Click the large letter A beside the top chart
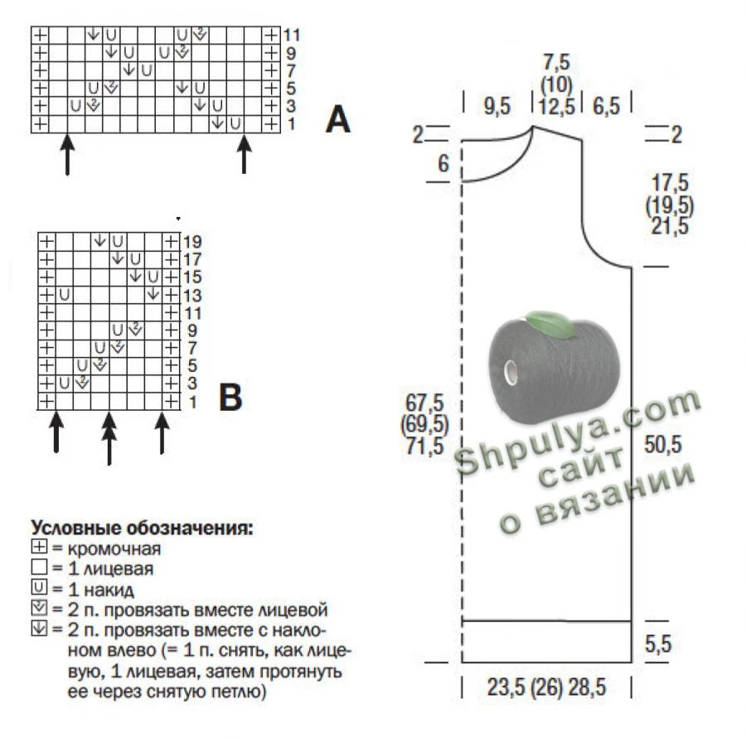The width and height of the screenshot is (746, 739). coord(338,119)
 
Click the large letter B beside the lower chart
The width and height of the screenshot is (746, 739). coord(230,397)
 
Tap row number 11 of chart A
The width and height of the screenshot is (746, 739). coord(291,35)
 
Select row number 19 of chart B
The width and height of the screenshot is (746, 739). coord(192,242)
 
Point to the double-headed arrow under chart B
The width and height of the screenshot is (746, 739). coord(109,438)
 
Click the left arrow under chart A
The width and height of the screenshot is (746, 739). coord(68,154)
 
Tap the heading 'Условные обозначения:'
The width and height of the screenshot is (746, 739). coord(142,528)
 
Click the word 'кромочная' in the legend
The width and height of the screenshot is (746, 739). coord(114,548)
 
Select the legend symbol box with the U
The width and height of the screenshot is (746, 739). coord(40,587)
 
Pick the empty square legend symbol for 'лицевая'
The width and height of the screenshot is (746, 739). coord(40,567)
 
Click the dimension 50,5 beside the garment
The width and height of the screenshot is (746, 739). coord(663,444)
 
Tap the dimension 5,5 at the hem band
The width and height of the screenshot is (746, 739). coord(658,644)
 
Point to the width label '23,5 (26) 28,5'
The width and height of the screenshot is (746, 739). coord(546,687)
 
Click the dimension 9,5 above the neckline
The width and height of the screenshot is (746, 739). coord(497,105)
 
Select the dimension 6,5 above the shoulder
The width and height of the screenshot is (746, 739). coord(606,105)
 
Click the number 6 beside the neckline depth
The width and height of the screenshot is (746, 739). coord(443,163)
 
